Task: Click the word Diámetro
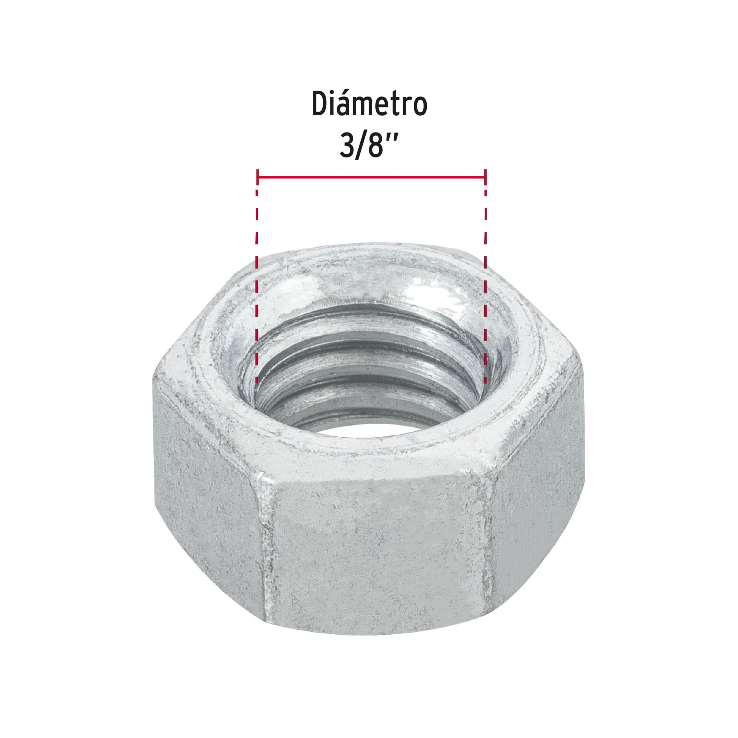pyautogui.click(x=369, y=105)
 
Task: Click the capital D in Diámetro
pyautogui.click(x=321, y=105)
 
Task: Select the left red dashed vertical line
pyautogui.click(x=257, y=287)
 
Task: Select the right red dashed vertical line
pyautogui.click(x=485, y=287)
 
